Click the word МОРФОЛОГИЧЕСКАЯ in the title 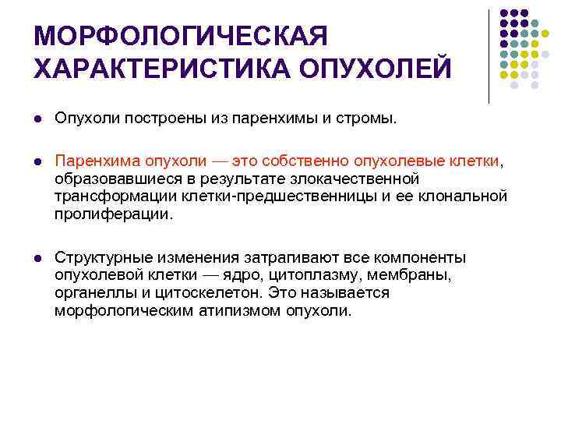click(182, 36)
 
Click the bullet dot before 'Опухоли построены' click(37, 120)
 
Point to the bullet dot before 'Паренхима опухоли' click(37, 161)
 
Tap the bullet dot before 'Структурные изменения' click(37, 257)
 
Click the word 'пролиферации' click(111, 212)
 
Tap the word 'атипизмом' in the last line click(230, 310)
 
